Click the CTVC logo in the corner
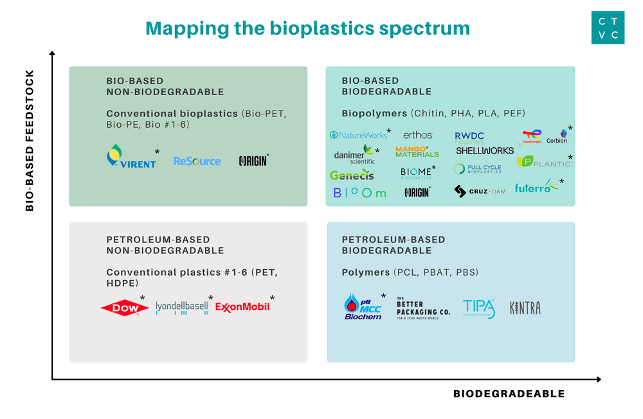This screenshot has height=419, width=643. (x=608, y=28)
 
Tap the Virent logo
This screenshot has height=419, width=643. (x=132, y=157)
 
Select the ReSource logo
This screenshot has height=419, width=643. (x=197, y=161)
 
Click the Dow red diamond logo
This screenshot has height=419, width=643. (x=120, y=308)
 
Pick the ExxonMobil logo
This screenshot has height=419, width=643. (x=242, y=308)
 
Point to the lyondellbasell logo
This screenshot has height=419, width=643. (x=182, y=308)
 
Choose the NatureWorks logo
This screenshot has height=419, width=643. (x=359, y=135)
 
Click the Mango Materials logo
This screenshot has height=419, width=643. (x=417, y=152)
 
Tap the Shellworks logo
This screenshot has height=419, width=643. (x=485, y=150)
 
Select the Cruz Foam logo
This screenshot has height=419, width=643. (x=480, y=191)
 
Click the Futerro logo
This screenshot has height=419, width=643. (x=538, y=188)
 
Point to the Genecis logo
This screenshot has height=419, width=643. (x=352, y=174)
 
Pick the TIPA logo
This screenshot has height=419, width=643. (x=479, y=309)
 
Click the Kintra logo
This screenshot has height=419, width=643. (x=525, y=308)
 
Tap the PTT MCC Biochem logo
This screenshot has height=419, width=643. (x=363, y=307)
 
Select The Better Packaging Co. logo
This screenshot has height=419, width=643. (x=423, y=308)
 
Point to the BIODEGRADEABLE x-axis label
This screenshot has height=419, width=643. (x=509, y=394)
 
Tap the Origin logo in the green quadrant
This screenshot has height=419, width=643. (x=253, y=161)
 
